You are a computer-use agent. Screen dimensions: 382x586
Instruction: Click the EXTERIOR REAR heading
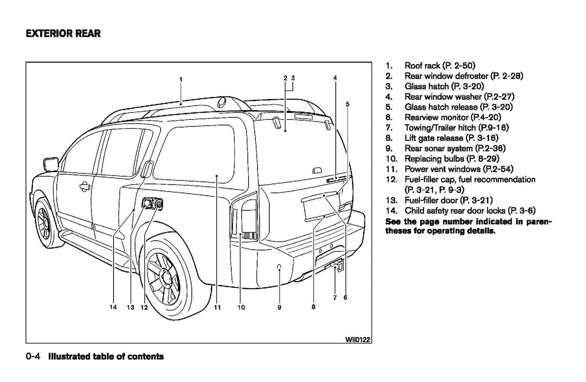[63, 33]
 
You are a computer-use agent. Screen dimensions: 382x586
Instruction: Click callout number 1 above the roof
[180, 79]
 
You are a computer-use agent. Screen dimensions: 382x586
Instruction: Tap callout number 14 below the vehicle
[113, 307]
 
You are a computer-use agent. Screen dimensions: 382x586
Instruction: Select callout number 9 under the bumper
[279, 307]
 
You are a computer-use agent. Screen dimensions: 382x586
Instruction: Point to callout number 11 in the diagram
[217, 307]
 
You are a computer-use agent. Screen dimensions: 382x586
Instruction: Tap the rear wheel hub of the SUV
[165, 277]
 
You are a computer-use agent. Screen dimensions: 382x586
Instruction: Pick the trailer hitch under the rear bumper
[335, 266]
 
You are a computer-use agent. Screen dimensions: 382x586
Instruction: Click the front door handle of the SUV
[84, 187]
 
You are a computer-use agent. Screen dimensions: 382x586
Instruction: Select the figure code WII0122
[358, 339]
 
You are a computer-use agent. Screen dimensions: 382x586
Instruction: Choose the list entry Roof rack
[440, 65]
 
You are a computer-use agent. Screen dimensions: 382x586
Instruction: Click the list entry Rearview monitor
[453, 117]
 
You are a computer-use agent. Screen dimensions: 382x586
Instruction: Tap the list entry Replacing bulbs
[452, 159]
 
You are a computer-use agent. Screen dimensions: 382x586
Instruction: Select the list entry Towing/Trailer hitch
[456, 127]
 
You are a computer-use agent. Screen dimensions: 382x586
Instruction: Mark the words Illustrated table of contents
[106, 357]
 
